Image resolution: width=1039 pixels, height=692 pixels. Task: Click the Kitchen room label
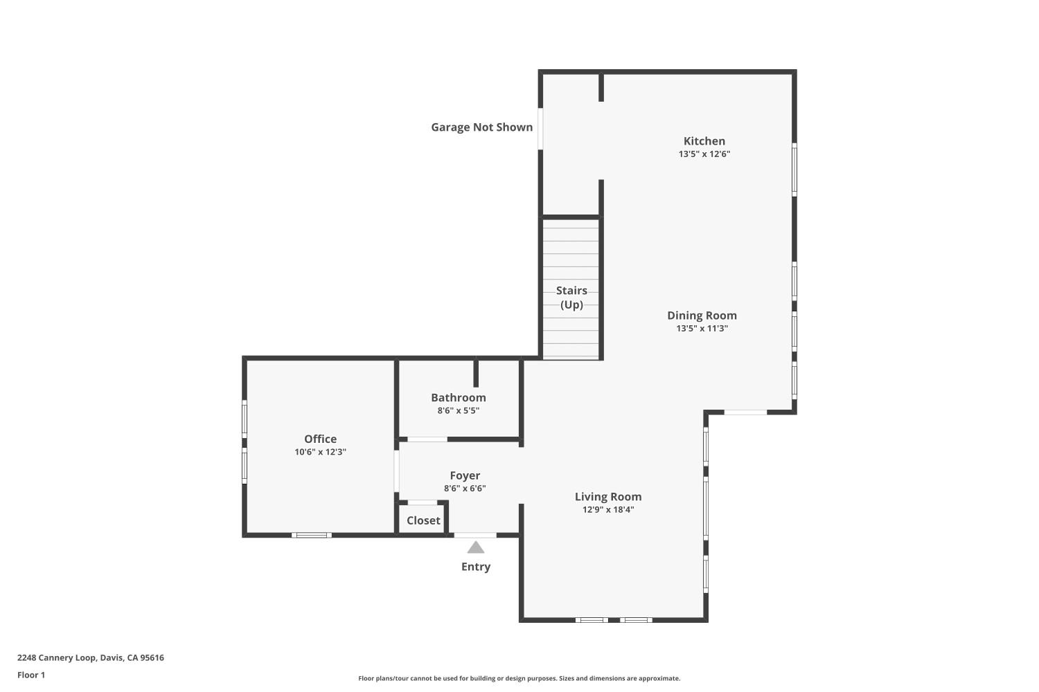pyautogui.click(x=704, y=141)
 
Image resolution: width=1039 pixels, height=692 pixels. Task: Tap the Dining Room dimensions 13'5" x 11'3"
pyautogui.click(x=702, y=329)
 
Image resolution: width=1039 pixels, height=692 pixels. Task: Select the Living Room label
pyautogui.click(x=608, y=497)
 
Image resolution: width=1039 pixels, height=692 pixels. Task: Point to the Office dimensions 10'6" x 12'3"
pyautogui.click(x=320, y=452)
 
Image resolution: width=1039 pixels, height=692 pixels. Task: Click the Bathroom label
pyautogui.click(x=458, y=397)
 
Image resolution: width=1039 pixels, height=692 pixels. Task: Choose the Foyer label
pyautogui.click(x=465, y=475)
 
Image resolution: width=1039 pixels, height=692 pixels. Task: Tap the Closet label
pyautogui.click(x=423, y=520)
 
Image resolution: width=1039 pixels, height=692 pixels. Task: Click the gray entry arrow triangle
pyautogui.click(x=475, y=548)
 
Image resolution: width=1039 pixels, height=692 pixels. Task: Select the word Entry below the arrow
pyautogui.click(x=476, y=567)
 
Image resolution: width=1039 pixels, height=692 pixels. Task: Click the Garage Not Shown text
pyautogui.click(x=481, y=127)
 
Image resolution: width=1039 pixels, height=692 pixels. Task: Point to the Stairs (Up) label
pyautogui.click(x=571, y=298)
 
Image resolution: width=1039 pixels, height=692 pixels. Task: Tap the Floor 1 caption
pyautogui.click(x=31, y=675)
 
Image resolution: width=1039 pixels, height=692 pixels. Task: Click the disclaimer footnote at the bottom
pyautogui.click(x=519, y=678)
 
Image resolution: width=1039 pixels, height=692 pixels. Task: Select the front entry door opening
pyautogui.click(x=475, y=535)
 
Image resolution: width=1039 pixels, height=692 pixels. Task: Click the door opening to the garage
pyautogui.click(x=540, y=128)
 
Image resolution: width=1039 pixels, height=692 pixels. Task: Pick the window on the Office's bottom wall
pyautogui.click(x=311, y=535)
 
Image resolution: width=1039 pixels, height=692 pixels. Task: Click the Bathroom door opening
pyautogui.click(x=427, y=439)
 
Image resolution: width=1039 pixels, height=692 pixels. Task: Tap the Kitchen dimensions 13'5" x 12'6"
pyautogui.click(x=704, y=154)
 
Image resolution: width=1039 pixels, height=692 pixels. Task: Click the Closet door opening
pyautogui.click(x=422, y=502)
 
